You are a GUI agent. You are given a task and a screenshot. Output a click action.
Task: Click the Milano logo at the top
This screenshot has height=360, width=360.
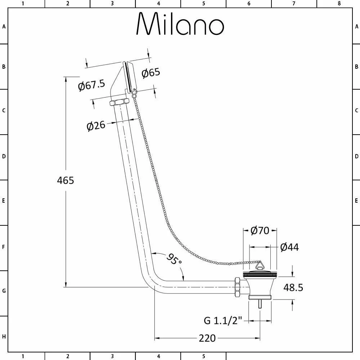click(180, 23)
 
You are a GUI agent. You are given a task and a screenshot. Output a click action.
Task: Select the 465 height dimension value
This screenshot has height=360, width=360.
click(66, 180)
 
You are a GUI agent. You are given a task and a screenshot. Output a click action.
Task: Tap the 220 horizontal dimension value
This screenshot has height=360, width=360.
click(207, 338)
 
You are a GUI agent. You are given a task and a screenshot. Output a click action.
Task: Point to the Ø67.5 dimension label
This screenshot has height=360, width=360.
click(91, 85)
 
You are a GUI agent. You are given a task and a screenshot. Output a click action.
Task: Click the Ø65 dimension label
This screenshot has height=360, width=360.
click(151, 73)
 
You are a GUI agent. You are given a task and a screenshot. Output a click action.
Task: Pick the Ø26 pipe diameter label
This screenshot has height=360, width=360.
click(96, 126)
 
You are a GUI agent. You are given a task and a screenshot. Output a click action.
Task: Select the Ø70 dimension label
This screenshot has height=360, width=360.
click(260, 230)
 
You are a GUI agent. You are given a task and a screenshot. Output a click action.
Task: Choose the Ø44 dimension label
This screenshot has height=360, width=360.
click(289, 247)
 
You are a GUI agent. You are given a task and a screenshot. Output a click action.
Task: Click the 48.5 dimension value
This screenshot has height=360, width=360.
click(293, 287)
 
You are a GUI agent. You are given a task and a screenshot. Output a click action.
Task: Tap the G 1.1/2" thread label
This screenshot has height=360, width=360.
click(223, 320)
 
